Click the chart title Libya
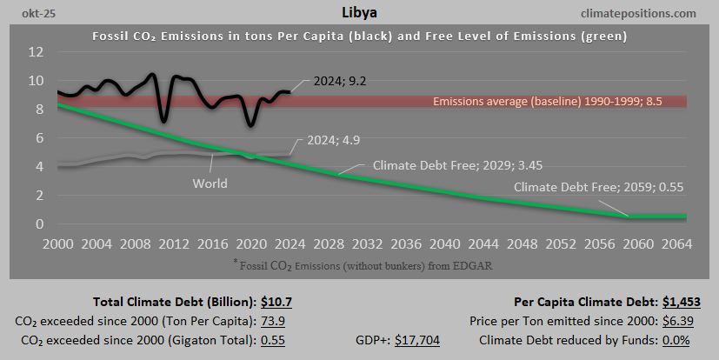[358, 14]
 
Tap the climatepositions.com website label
[642, 14]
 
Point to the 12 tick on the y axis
[36, 52]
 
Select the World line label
[210, 183]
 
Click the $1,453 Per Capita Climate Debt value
[680, 303]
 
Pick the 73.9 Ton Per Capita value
[276, 321]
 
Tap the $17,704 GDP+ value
[417, 340]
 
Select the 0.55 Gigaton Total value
[276, 340]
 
